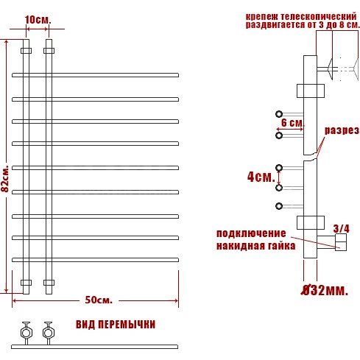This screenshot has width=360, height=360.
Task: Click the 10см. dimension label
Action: tap(38, 20)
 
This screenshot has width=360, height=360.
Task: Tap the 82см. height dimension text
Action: tap(5, 178)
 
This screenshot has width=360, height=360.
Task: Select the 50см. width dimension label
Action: tap(99, 300)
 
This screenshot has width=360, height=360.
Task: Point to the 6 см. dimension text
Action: tap(292, 122)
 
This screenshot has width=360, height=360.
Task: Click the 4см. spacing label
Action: tap(261, 177)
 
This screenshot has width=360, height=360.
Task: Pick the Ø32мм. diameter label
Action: tap(325, 290)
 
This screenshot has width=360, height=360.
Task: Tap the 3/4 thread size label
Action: tap(341, 229)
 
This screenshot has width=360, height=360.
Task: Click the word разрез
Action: tap(342, 131)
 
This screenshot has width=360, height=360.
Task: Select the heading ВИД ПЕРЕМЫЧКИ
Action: tap(116, 324)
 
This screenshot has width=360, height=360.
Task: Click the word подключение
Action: tap(251, 233)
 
